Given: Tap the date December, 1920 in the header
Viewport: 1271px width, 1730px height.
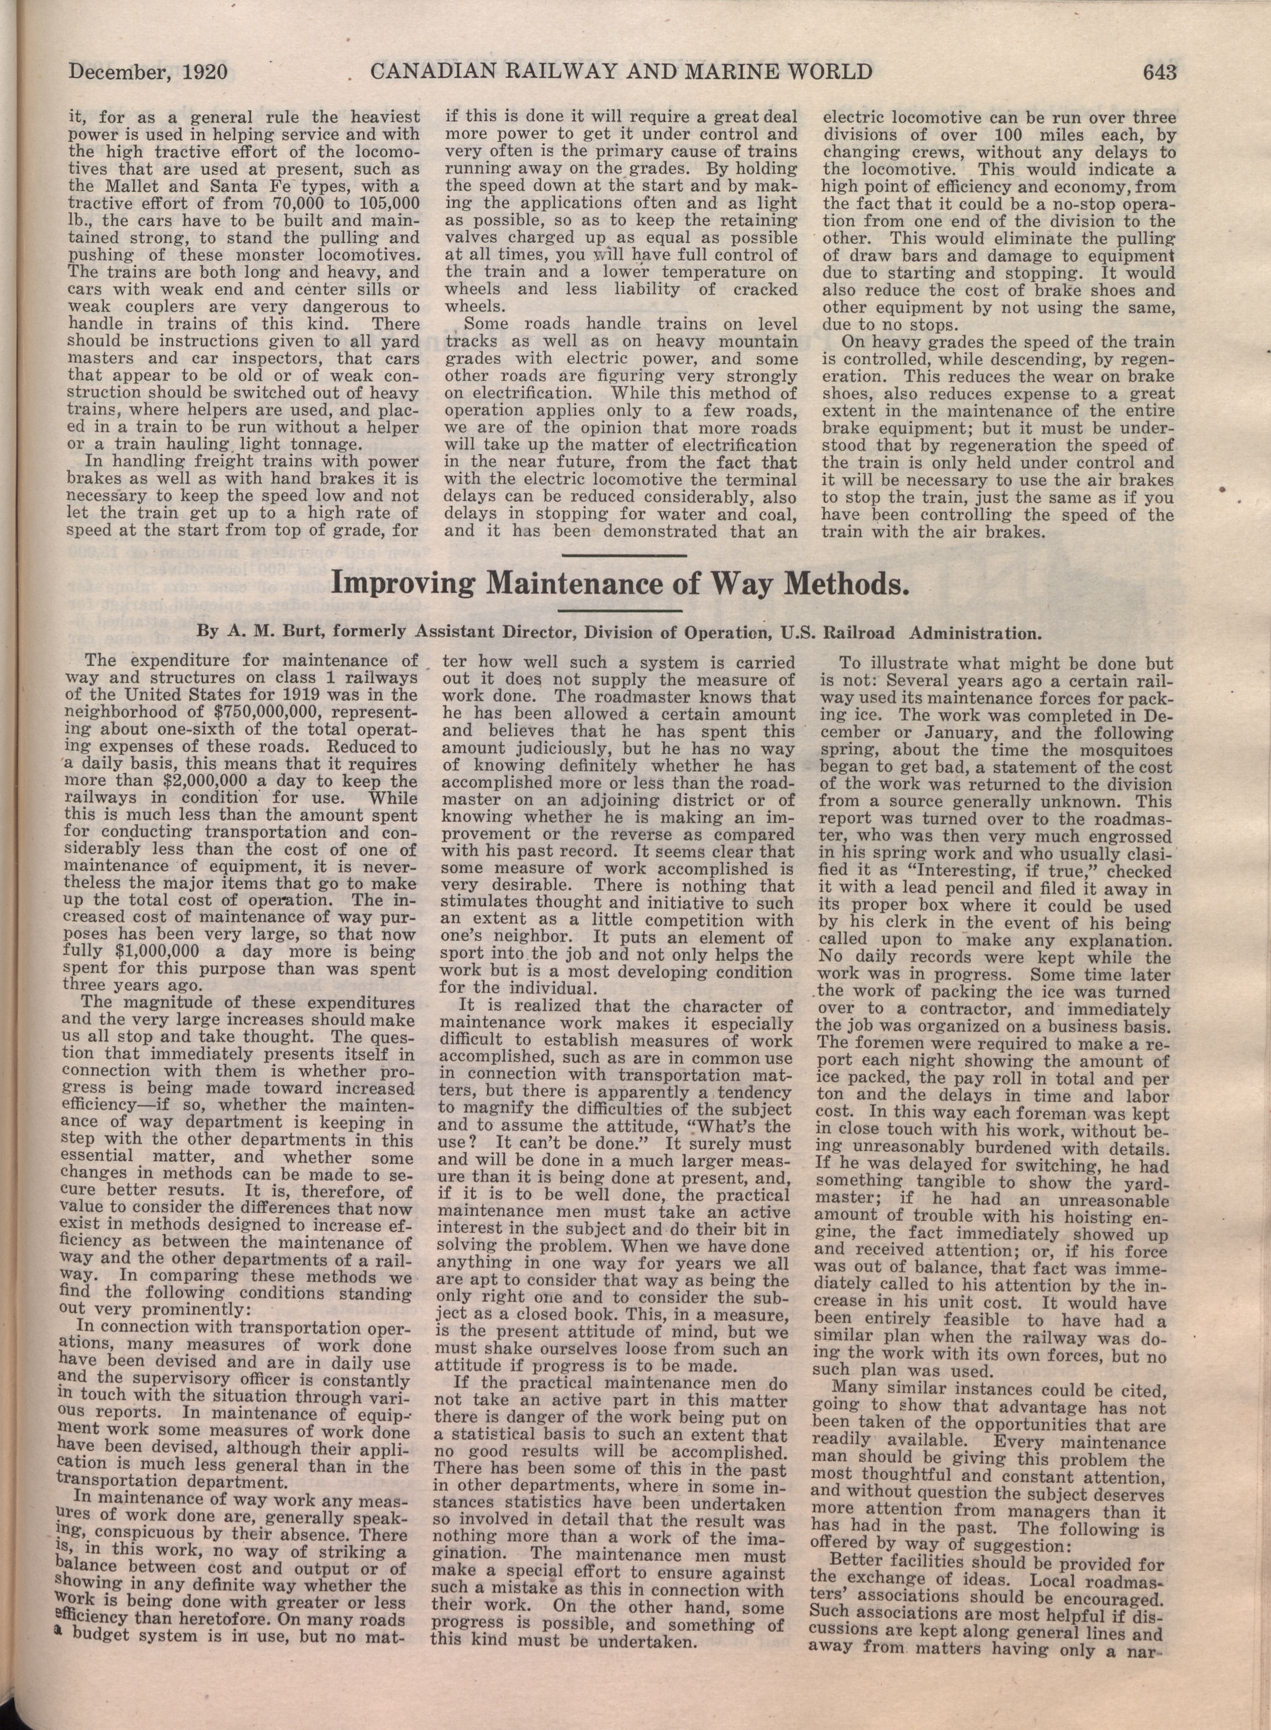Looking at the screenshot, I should (148, 72).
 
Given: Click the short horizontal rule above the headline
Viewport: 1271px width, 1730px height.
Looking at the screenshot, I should (625, 555).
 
